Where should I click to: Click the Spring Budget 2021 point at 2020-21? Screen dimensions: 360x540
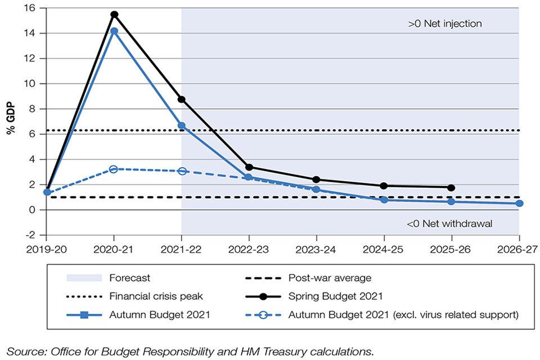click(x=114, y=15)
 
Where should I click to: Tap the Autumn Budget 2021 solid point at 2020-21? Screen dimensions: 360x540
click(x=114, y=31)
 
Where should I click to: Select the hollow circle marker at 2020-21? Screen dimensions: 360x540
click(x=114, y=169)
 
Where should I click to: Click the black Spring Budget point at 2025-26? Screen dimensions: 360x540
click(x=451, y=187)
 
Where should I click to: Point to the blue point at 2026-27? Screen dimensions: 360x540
click(x=519, y=203)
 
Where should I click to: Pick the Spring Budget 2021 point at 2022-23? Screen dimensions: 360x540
click(x=249, y=167)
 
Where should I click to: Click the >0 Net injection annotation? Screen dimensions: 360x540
click(x=445, y=24)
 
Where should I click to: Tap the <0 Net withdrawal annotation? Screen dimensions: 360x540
click(x=449, y=223)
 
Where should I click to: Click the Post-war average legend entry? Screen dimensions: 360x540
click(x=330, y=277)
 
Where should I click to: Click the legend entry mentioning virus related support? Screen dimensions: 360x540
click(x=403, y=314)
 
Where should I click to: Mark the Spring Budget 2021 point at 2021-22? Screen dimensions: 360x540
click(x=181, y=100)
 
